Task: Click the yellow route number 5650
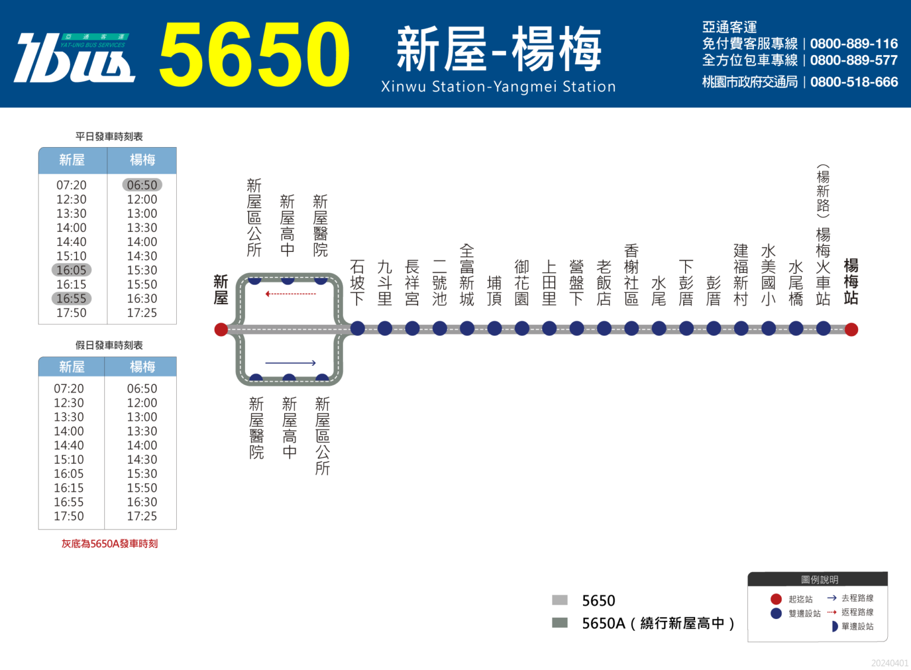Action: [x=254, y=54]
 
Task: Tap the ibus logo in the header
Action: [x=74, y=58]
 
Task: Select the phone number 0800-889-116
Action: [x=853, y=43]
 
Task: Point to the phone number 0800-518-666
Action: [x=853, y=82]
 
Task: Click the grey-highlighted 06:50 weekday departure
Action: [x=142, y=185]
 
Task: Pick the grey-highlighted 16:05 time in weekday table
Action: [x=71, y=270]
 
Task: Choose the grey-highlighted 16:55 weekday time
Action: [x=71, y=298]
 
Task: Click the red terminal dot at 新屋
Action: [x=221, y=329]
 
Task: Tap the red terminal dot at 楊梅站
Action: [x=851, y=329]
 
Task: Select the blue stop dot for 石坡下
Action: [x=358, y=328]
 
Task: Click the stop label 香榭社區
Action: [x=631, y=275]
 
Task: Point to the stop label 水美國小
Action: [x=768, y=275]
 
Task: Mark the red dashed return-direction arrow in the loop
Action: [x=291, y=293]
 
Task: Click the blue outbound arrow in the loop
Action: [x=291, y=363]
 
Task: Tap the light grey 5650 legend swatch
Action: [x=560, y=599]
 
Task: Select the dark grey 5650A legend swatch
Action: [x=560, y=623]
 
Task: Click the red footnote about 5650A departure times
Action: [x=109, y=544]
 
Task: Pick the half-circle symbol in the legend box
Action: [x=834, y=627]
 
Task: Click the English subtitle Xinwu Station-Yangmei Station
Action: [x=498, y=87]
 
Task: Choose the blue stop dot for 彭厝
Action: [x=713, y=328]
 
